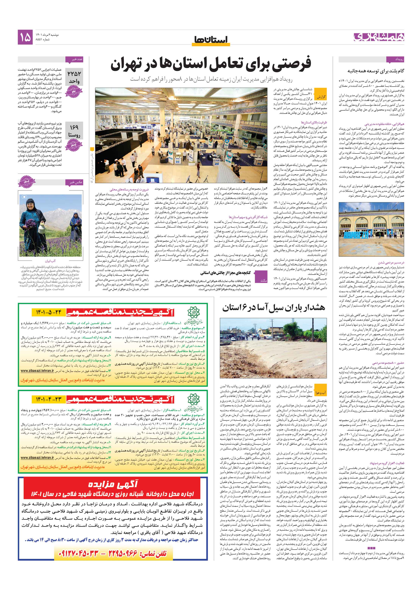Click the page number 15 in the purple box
[x=25, y=37]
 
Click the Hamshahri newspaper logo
[x=378, y=37]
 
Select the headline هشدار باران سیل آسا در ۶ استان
[x=273, y=308]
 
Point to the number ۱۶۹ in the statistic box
[x=74, y=127]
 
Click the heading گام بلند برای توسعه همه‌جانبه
[x=375, y=71]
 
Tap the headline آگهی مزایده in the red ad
[x=113, y=484]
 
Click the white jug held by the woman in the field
[x=41, y=228]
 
